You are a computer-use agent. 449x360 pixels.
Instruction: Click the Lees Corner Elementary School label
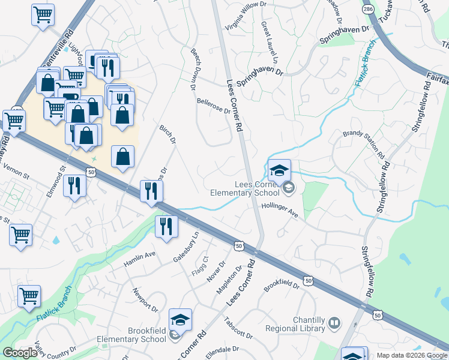tap(244, 188)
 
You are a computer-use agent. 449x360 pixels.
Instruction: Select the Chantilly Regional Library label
tap(309, 324)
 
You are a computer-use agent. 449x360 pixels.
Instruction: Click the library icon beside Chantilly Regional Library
tap(334, 324)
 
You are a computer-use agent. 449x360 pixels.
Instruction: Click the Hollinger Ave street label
tap(279, 210)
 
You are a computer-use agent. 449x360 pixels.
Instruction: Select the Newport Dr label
tap(145, 302)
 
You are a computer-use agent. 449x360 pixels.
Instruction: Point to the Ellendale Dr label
tap(222, 352)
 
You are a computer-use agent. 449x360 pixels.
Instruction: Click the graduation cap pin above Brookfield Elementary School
tap(180, 321)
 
